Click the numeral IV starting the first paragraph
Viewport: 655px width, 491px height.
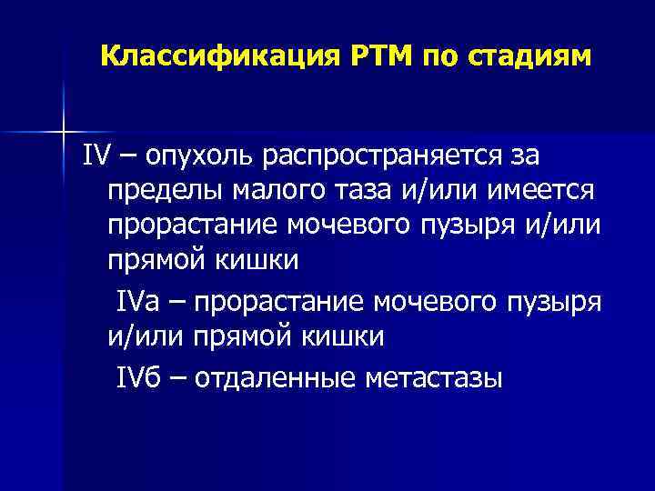[x=95, y=155]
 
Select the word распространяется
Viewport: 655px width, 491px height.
[x=398, y=155]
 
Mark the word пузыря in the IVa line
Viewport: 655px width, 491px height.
[x=555, y=301]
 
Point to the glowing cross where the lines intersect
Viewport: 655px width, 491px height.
[x=63, y=132]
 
